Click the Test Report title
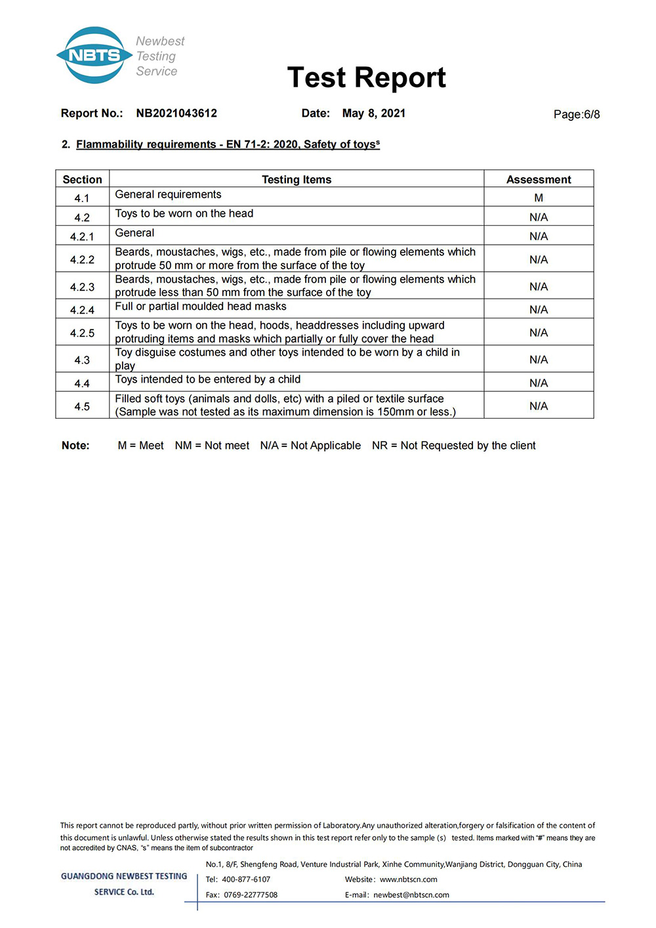point(366,77)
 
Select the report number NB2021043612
point(176,113)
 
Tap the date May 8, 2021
point(373,113)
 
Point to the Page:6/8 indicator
point(576,114)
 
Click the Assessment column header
point(538,179)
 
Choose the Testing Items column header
point(297,179)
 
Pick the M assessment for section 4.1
point(539,198)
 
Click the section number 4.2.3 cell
point(82,287)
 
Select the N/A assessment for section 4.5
point(539,406)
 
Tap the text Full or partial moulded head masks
point(201,306)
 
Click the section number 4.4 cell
point(82,383)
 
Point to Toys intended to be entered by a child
point(208,379)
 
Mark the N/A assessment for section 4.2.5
point(539,333)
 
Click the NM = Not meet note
point(212,446)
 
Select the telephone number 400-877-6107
point(246,879)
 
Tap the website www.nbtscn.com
point(408,879)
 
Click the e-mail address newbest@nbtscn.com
point(411,895)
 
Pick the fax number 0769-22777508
point(251,895)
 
